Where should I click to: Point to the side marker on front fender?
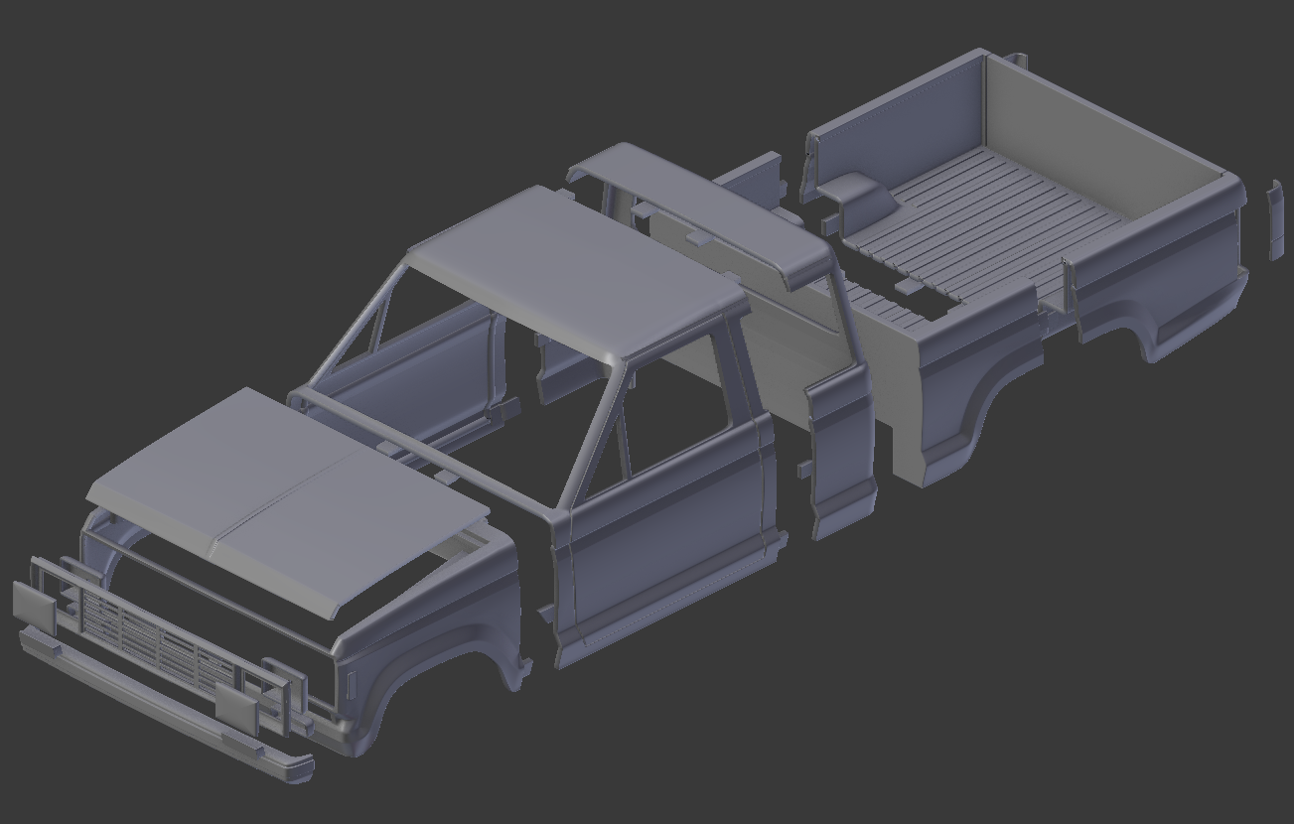click(353, 684)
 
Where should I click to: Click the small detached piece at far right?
click(1276, 218)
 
